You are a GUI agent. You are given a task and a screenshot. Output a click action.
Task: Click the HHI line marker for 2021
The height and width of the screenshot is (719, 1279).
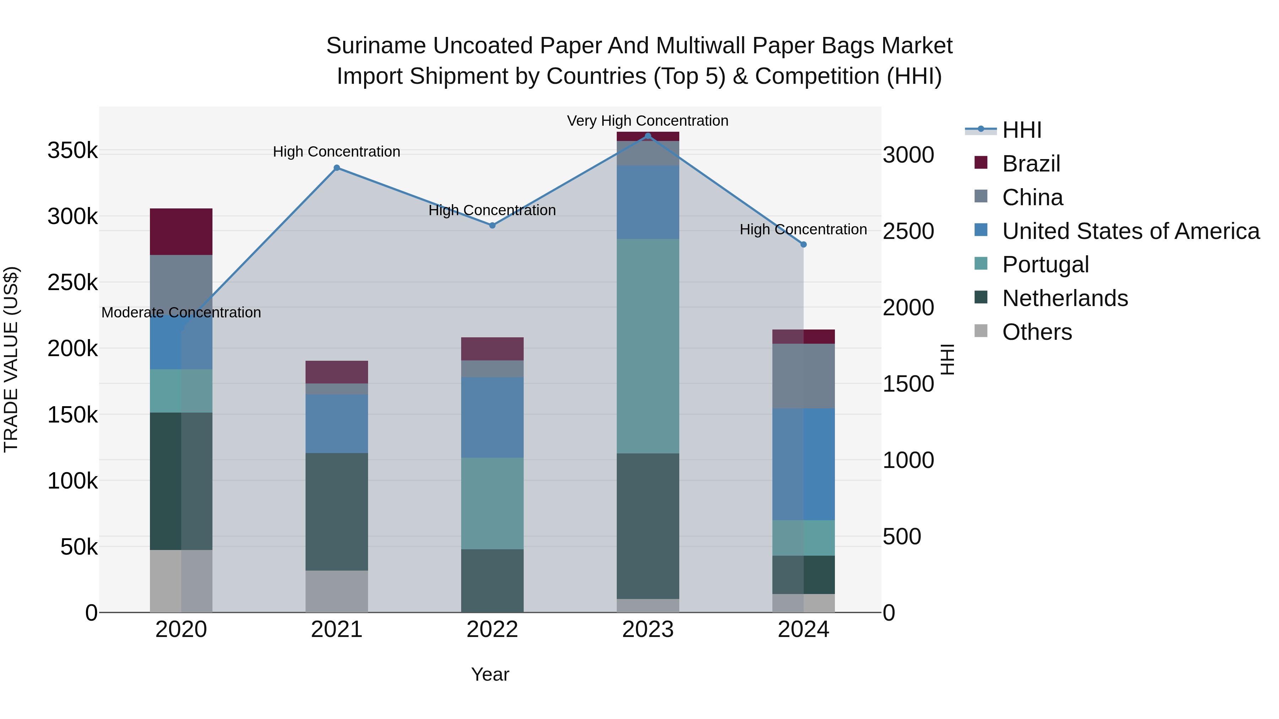point(337,168)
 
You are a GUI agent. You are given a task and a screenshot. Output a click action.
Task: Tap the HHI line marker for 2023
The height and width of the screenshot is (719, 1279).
point(648,136)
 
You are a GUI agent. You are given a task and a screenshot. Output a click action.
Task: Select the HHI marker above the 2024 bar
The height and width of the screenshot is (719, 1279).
point(803,244)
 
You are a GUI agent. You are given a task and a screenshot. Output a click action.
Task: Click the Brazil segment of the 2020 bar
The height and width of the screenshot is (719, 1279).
point(181,232)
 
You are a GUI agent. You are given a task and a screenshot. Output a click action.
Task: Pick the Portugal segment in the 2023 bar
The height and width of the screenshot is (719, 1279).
point(648,346)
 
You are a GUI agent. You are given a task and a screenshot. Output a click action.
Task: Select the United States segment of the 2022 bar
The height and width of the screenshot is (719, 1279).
point(492,417)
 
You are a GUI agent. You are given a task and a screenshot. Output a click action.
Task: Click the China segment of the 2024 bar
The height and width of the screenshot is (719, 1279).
point(803,376)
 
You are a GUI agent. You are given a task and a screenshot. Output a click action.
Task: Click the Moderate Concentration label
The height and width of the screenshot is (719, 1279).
point(181,312)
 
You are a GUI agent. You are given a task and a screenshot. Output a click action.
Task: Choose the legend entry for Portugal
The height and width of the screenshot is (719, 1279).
point(1045,265)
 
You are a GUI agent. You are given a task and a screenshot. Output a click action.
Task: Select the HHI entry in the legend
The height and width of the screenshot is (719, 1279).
point(1021,130)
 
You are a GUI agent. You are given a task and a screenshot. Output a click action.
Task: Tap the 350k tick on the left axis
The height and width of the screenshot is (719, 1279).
point(72,150)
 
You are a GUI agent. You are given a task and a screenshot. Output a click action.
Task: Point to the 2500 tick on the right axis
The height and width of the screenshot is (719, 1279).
point(908,231)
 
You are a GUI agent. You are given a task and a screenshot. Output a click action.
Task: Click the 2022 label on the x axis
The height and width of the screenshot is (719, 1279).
point(492,630)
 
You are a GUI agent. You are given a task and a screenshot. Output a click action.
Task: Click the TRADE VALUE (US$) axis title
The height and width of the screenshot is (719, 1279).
point(11,359)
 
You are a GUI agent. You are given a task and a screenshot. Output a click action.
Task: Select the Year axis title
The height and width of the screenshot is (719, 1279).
point(490,674)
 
